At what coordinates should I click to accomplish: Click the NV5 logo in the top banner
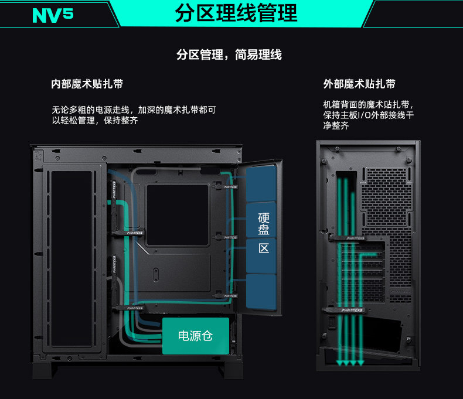click(53, 14)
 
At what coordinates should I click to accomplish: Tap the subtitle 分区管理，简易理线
click(229, 54)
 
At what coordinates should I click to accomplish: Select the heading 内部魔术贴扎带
click(87, 84)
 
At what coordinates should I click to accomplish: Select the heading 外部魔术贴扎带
click(359, 84)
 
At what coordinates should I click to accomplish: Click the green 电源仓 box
click(196, 336)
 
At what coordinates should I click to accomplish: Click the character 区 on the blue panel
click(264, 248)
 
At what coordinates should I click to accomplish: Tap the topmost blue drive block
click(261, 183)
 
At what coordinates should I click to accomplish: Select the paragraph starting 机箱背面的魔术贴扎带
click(369, 115)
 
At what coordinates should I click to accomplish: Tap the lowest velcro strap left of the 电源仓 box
click(132, 307)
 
